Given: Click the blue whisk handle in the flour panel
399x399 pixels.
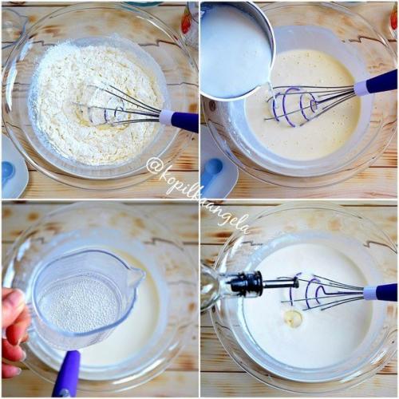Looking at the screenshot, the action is pyautogui.click(x=185, y=121).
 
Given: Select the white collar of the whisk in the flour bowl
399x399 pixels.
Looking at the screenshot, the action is pyautogui.click(x=166, y=117).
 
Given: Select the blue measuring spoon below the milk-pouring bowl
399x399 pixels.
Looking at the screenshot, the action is pyautogui.click(x=212, y=171).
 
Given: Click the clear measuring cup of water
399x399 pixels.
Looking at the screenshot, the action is pyautogui.click(x=85, y=298).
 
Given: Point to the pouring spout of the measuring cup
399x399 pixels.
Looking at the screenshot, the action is pyautogui.click(x=137, y=274).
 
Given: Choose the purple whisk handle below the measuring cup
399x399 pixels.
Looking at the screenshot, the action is pyautogui.click(x=65, y=373).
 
